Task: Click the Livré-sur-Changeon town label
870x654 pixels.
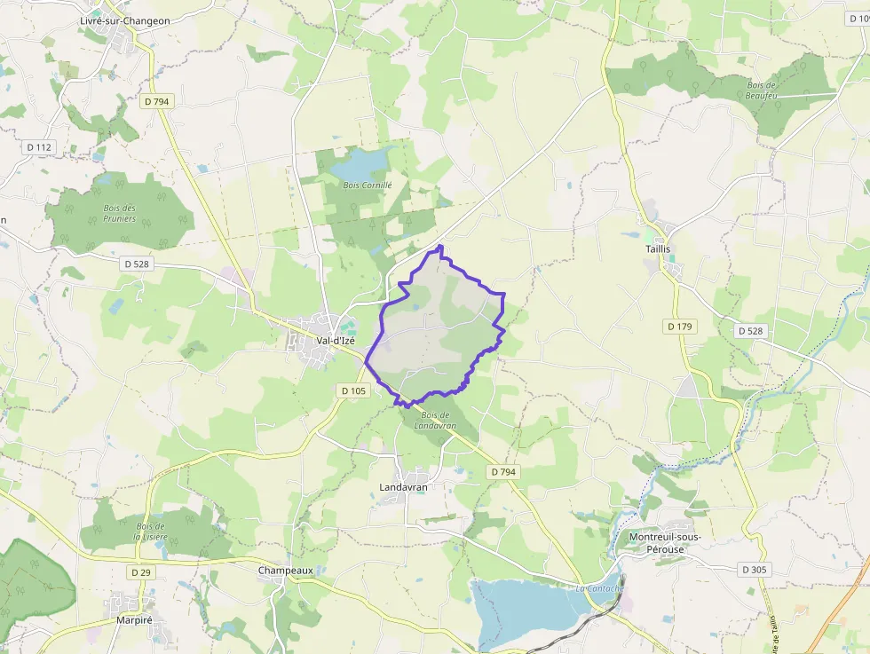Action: coord(124,20)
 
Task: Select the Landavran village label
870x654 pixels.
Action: coord(403,487)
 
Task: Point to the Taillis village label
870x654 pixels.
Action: coord(658,250)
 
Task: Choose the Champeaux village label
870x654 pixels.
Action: coord(283,570)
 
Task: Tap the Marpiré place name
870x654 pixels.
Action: coord(135,620)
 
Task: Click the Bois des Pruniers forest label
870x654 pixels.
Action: coord(119,213)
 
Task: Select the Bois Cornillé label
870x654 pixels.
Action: coord(368,185)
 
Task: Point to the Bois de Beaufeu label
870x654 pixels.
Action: coord(761,90)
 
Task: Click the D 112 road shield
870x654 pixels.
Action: coord(39,147)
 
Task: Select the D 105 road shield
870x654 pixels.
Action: coord(352,390)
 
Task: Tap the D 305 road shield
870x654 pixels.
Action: coord(753,569)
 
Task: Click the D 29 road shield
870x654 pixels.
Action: coord(141,572)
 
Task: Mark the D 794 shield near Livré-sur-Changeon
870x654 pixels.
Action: coord(156,101)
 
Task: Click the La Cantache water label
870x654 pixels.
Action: coord(599,587)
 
